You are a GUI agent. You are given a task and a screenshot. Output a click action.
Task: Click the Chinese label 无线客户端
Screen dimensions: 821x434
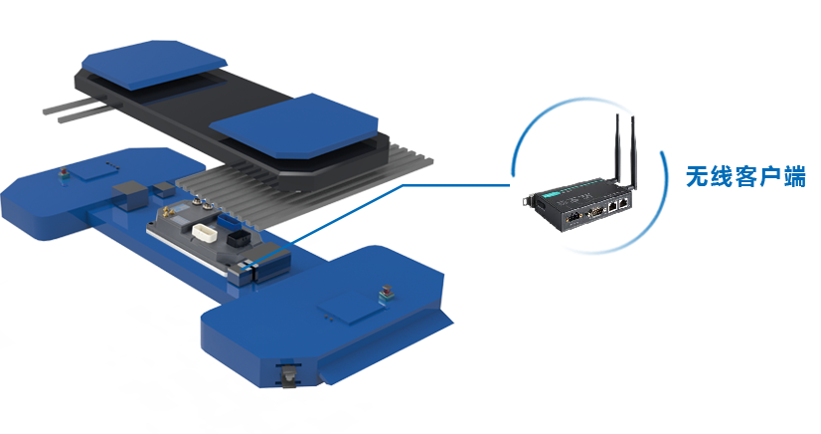tap(745, 176)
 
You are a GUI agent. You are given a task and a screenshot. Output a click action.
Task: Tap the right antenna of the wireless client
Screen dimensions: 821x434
tap(633, 152)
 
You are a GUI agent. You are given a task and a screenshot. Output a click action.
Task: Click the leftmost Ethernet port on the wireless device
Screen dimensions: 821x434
tap(612, 207)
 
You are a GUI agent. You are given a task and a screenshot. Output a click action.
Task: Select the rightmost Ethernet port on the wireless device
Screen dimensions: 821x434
tap(623, 204)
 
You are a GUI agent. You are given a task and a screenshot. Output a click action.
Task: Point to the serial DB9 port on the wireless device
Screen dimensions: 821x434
tap(595, 212)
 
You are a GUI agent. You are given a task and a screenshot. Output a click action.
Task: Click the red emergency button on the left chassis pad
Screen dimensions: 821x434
tap(64, 173)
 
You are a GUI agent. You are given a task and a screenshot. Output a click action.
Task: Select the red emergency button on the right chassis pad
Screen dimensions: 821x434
tap(387, 291)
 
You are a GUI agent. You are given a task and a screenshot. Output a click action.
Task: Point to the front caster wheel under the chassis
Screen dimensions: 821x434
tap(288, 376)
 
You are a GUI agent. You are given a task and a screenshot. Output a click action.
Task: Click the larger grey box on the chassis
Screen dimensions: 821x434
tap(130, 195)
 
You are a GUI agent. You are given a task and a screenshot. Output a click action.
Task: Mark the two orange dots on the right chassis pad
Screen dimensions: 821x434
tap(328, 317)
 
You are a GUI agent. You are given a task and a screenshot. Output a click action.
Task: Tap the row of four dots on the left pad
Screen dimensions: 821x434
tap(112, 165)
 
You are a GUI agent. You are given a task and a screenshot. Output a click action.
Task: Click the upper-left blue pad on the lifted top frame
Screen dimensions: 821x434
tap(154, 64)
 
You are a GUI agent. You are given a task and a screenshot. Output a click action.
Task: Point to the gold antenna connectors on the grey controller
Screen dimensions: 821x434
tap(169, 212)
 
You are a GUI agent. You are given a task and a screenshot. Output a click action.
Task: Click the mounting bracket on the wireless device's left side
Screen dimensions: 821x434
tap(529, 200)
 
